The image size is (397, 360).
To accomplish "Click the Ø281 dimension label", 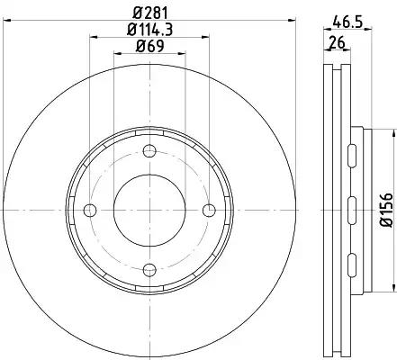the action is pos(149,13).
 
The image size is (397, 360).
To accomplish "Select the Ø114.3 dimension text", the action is pos(149,30).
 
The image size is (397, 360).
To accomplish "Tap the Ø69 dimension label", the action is pos(149,46).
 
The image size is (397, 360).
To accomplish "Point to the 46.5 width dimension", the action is pos(347,22).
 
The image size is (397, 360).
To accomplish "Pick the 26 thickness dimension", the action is pos(337,42).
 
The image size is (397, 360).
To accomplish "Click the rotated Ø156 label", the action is pos(386,210).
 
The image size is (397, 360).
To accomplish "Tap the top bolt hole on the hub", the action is pos(149,150).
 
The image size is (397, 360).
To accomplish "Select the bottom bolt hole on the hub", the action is pos(149,270).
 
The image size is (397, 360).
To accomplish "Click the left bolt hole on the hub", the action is pos(90,211).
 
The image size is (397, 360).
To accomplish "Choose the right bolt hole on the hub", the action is pos(209,211).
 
